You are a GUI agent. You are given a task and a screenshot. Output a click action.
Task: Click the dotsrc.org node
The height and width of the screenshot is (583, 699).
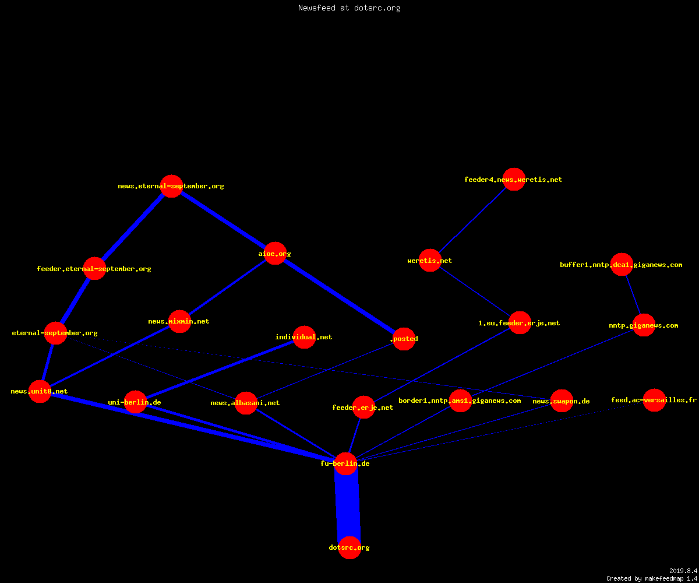coord(349,547)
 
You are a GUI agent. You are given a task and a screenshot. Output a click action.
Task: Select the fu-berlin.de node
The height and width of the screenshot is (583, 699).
coord(346,463)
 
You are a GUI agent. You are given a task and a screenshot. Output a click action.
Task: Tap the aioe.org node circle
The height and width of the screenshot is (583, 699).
coord(275,253)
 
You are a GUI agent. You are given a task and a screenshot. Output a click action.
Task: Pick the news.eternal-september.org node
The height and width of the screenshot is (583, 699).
coord(171,187)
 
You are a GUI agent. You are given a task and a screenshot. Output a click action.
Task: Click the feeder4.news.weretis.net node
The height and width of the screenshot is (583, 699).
coord(514,179)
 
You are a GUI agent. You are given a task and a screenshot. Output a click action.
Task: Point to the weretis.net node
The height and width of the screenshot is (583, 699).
coord(430,261)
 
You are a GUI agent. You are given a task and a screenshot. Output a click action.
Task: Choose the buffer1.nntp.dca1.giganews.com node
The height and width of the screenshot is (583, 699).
coord(622,264)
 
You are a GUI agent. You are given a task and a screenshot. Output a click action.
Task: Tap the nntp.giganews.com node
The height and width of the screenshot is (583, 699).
coord(644,325)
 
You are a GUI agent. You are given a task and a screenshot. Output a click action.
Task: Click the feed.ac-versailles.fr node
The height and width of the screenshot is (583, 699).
coord(654,400)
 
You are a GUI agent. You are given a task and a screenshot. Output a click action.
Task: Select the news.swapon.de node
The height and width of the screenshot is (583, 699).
coord(562,401)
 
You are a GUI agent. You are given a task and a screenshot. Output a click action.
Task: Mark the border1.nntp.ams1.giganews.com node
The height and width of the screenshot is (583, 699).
coord(460,401)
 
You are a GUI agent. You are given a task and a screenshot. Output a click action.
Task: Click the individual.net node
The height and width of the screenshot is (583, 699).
coord(304,337)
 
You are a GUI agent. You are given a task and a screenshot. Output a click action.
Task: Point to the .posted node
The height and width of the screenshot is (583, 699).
coord(404,339)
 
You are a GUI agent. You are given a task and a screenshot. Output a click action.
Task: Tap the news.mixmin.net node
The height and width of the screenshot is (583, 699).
coord(180,321)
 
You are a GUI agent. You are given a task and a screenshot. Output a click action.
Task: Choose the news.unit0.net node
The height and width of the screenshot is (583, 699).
coord(40,391)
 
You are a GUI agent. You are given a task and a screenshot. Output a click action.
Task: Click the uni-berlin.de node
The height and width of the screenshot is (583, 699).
coord(135,402)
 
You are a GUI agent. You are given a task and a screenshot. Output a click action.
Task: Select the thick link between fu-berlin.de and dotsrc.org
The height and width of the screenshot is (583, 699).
coord(348,505)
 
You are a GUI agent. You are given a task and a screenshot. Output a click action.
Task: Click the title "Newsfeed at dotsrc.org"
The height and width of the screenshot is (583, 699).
coord(349,8)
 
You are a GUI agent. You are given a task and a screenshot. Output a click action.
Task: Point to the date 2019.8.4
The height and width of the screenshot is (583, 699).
coord(683,571)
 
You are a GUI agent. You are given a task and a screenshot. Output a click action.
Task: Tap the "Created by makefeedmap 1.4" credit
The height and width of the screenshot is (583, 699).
coord(652,579)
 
